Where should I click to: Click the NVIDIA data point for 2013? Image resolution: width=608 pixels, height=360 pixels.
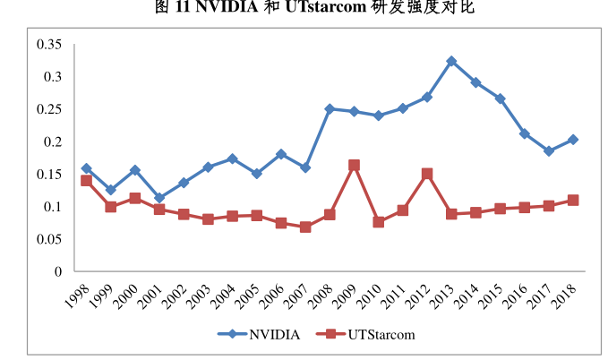[451, 62]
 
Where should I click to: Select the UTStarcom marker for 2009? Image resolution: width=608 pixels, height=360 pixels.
[355, 166]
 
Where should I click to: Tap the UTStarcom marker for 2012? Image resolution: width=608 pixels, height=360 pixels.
[427, 174]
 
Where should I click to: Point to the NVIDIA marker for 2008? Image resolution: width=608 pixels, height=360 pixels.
[330, 109]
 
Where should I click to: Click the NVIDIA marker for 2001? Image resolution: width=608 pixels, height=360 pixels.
[159, 198]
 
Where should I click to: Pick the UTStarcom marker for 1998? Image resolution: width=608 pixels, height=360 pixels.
[87, 180]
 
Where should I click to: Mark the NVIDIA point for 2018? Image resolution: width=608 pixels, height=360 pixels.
[573, 140]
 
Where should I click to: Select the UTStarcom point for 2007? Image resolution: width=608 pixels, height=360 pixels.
[305, 227]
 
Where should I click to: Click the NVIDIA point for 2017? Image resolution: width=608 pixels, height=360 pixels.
[549, 151]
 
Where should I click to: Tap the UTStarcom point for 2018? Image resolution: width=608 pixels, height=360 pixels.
[573, 200]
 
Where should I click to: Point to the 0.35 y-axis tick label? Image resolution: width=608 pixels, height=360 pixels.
[49, 45]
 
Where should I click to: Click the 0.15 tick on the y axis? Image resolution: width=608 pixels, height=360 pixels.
[49, 175]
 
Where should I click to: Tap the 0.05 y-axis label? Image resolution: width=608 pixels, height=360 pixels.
[49, 239]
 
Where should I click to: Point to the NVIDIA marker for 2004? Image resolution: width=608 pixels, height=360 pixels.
[233, 159]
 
